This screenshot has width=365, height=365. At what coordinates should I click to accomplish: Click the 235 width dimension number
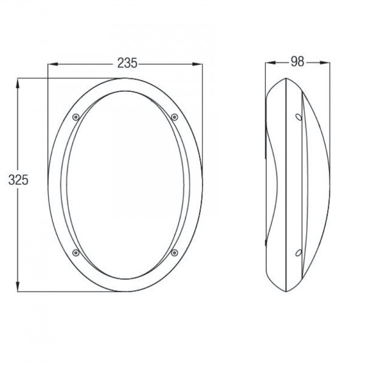(126, 63)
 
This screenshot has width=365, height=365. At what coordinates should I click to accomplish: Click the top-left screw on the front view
(75, 117)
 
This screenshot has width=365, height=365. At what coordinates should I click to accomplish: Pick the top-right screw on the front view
(175, 117)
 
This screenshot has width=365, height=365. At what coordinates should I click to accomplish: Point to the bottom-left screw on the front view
(75, 252)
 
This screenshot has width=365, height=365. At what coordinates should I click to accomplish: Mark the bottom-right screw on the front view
(175, 252)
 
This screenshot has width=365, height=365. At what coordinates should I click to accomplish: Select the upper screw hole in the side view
(298, 117)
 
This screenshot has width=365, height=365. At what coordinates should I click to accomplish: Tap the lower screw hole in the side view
(298, 252)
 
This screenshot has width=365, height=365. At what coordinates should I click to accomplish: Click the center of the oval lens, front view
(125, 184)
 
